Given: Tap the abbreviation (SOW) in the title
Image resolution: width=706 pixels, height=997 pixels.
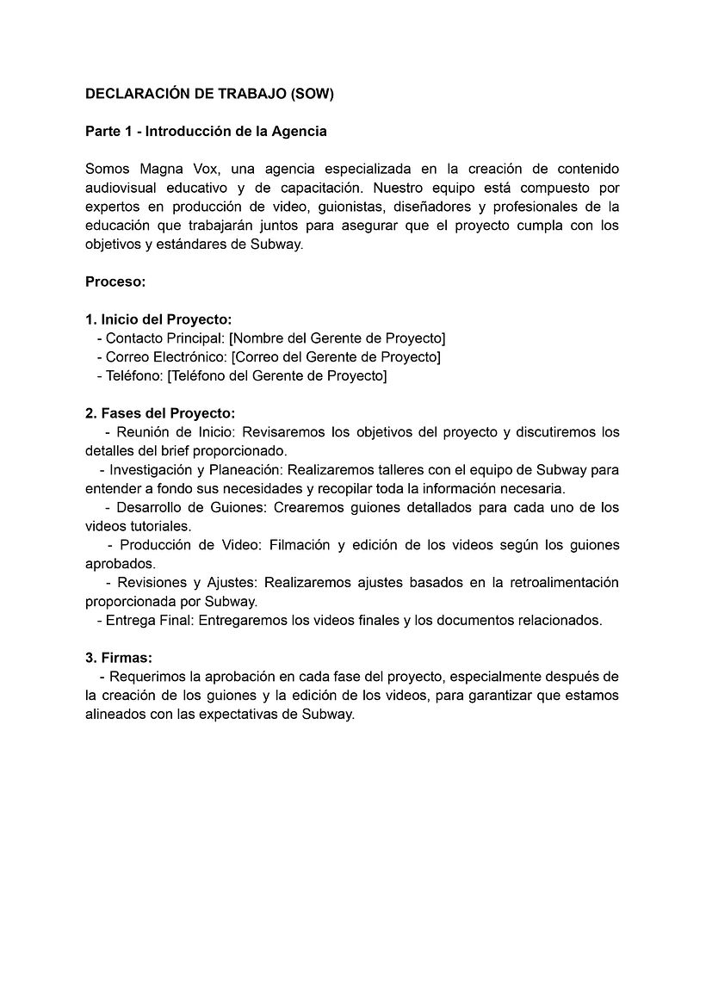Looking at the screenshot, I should point(313,95).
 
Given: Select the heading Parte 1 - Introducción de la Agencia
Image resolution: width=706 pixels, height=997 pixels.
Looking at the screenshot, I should point(206,132).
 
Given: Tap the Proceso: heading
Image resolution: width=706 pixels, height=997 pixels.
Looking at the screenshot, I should point(115,282).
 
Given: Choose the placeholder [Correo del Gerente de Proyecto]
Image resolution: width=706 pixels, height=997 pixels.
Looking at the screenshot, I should point(336,356).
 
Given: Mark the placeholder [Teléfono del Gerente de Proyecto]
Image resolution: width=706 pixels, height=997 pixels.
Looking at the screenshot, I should point(276,375).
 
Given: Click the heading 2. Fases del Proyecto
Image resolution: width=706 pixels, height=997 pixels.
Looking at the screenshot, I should point(160,413).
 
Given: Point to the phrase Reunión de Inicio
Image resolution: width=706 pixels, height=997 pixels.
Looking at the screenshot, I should point(170,432).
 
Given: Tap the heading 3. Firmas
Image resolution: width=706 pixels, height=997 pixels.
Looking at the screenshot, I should point(118,658).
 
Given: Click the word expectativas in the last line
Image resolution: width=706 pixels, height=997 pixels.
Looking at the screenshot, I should point(240,715).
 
